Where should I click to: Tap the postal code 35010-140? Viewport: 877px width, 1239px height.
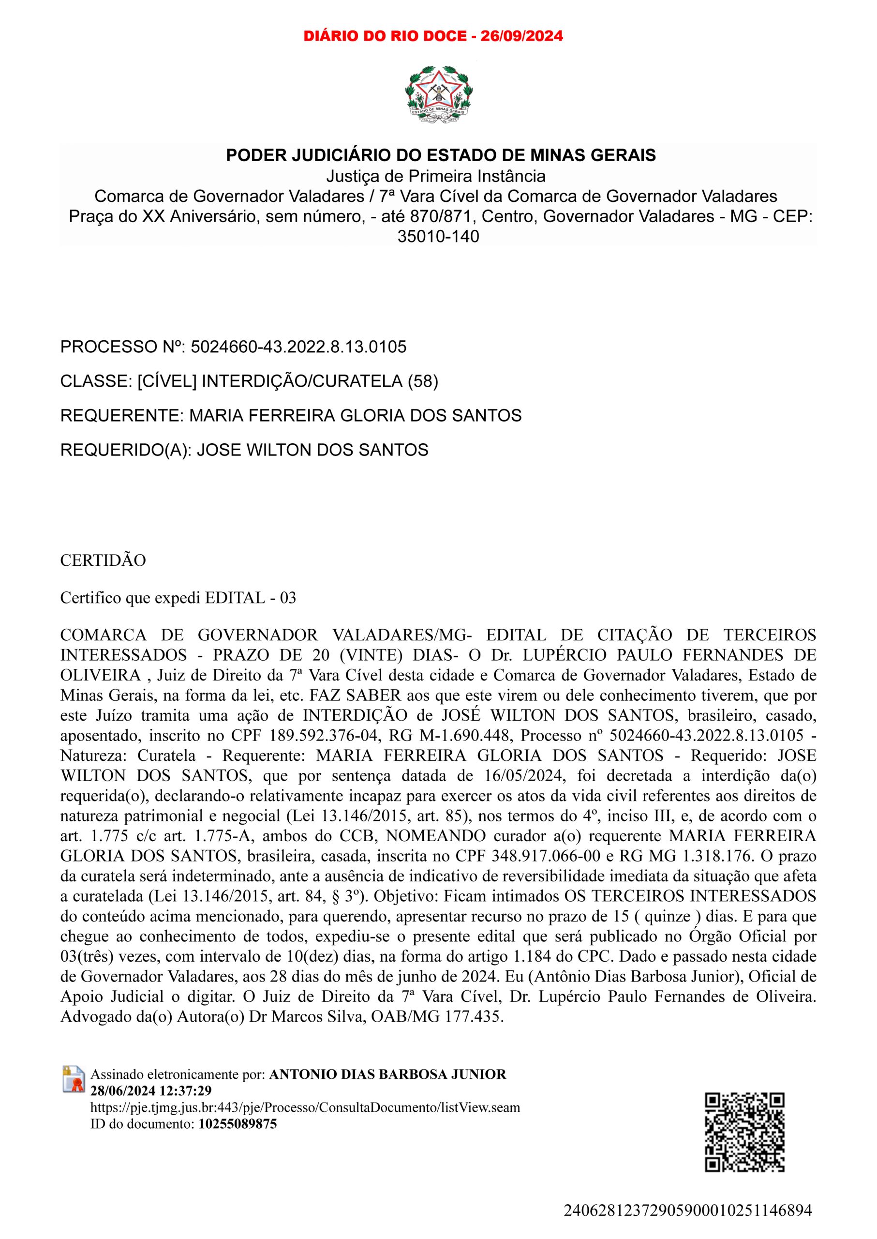438,237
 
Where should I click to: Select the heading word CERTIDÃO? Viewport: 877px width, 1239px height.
103,560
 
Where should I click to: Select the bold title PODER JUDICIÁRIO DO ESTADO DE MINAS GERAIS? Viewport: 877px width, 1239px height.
441,155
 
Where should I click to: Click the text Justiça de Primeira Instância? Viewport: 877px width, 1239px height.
436,176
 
